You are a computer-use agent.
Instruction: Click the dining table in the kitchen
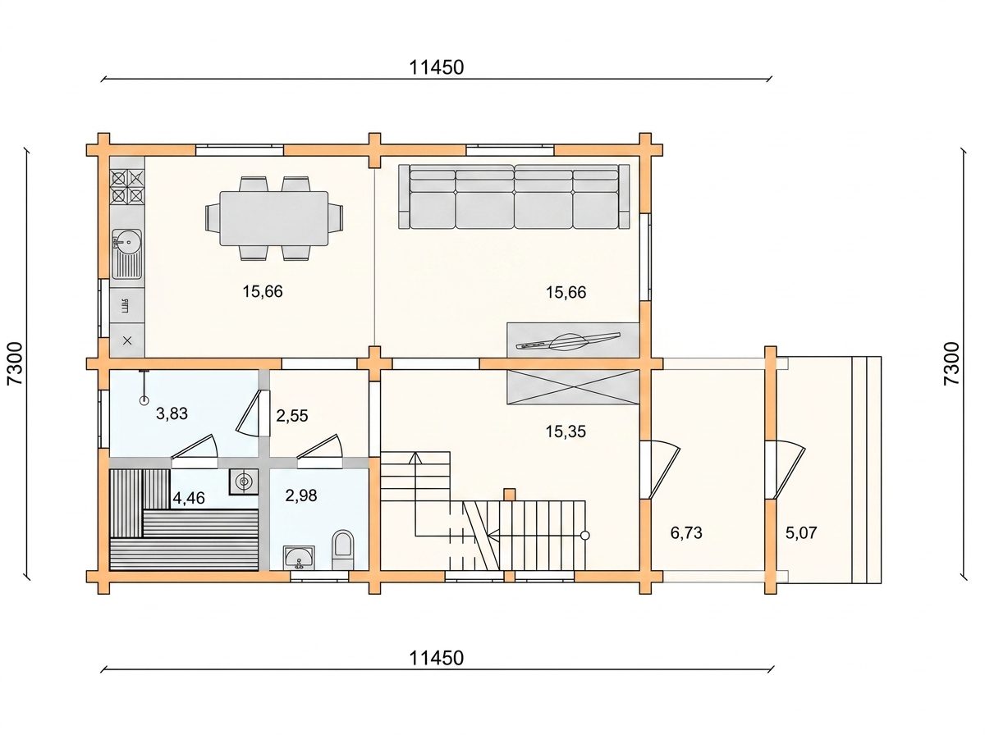pyautogui.click(x=273, y=218)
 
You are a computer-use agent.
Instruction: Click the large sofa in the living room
pyautogui.click(x=515, y=196)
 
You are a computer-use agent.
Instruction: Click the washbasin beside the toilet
pyautogui.click(x=299, y=558)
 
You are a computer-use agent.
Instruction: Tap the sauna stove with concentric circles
pyautogui.click(x=244, y=482)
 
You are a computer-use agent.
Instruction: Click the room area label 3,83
pyautogui.click(x=172, y=413)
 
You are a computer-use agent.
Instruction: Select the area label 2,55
pyautogui.click(x=291, y=416)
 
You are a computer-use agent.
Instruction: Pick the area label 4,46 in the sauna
pyautogui.click(x=189, y=498)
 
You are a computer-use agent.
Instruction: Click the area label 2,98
pyautogui.click(x=300, y=495)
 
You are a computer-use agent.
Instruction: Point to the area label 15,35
pyautogui.click(x=566, y=431)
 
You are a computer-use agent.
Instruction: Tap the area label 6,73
pyautogui.click(x=686, y=532)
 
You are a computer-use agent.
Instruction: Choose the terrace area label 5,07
pyautogui.click(x=801, y=532)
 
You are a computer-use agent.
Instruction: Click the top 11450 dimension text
pyautogui.click(x=436, y=67)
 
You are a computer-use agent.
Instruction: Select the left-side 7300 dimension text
pyautogui.click(x=15, y=363)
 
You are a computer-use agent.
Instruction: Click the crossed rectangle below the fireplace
pyautogui.click(x=573, y=387)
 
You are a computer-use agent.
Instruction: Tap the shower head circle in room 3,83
pyautogui.click(x=144, y=401)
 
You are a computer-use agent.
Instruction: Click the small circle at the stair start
pyautogui.click(x=584, y=535)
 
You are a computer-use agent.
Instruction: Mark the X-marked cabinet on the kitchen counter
pyautogui.click(x=127, y=340)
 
